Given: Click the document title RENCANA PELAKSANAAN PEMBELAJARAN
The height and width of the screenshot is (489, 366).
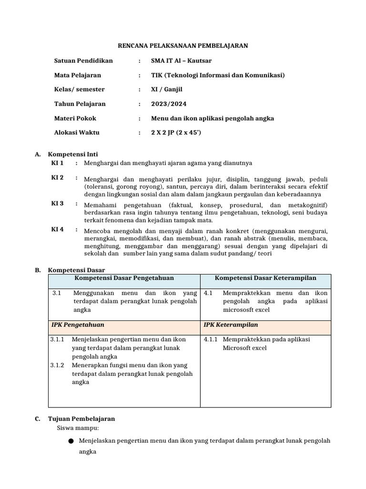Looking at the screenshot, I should [x=183, y=46].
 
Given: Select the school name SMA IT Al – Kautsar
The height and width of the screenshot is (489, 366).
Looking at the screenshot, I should [x=181, y=61].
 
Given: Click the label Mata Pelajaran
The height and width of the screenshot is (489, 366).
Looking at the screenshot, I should [x=78, y=75].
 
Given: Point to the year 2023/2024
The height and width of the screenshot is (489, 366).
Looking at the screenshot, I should [x=169, y=104].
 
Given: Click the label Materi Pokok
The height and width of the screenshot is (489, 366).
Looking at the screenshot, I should [x=75, y=118].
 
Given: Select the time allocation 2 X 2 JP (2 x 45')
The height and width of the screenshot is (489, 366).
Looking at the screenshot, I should [x=176, y=132].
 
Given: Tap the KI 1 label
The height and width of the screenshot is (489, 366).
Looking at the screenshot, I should [x=57, y=163].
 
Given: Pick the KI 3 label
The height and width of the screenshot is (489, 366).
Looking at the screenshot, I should [x=57, y=203].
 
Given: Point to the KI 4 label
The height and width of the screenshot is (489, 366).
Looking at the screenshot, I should [x=57, y=230].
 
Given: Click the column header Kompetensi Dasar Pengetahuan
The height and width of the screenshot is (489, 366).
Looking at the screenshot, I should [x=124, y=278].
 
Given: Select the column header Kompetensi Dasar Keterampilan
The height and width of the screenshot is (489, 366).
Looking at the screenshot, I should [x=265, y=278].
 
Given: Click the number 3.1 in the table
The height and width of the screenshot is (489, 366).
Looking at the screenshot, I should [x=57, y=293].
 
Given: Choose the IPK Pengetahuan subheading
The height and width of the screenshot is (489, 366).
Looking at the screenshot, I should [x=78, y=325].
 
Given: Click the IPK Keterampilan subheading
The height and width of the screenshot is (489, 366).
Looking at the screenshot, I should [x=231, y=325].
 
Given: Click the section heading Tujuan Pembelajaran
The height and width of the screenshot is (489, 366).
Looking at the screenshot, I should [x=81, y=419].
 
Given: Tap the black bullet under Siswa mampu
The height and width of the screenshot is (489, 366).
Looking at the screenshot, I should [x=71, y=441].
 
